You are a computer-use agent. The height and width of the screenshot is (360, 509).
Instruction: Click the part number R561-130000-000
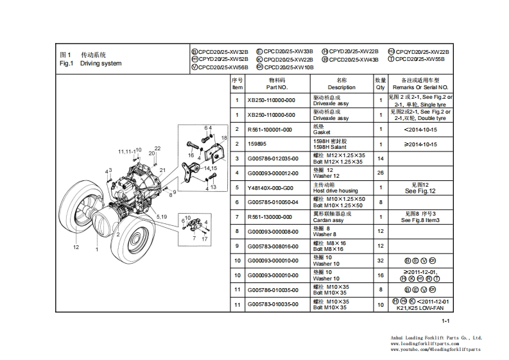pos(271,217)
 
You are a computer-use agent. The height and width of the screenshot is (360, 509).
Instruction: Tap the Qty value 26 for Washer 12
pos(380,173)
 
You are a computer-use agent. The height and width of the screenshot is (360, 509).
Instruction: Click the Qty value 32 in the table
pos(380,261)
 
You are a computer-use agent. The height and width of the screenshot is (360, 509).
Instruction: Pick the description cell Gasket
pos(322,132)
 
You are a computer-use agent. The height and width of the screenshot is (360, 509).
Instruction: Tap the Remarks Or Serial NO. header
pos(420,87)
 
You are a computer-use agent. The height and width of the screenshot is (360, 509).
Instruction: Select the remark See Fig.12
pos(420,191)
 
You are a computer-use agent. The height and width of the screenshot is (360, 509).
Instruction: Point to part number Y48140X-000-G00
pos(270,188)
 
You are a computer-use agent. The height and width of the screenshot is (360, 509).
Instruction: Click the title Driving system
pos(101,64)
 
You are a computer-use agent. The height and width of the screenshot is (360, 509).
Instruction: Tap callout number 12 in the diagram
pos(76,246)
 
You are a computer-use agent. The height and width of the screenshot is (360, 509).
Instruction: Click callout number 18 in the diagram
pos(224,138)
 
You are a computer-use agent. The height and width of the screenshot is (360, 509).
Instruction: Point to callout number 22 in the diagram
pos(157,149)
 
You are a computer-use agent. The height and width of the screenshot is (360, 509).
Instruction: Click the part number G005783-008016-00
pos(273,246)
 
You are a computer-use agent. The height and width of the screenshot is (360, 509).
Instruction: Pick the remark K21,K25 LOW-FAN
pos(420,308)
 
